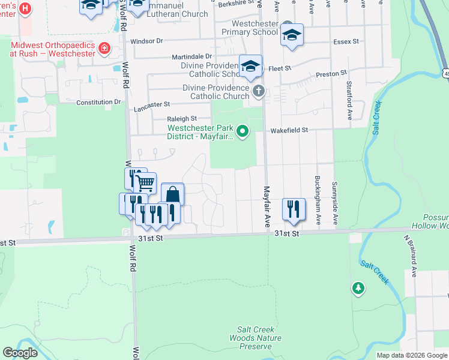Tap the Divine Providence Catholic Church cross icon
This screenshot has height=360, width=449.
[259, 92]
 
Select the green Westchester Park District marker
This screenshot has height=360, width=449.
[243, 130]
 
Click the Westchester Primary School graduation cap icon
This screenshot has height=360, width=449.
[292, 35]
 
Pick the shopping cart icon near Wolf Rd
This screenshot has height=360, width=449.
[144, 183]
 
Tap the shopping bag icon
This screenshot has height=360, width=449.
[173, 195]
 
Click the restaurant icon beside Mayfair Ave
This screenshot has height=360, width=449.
[294, 209]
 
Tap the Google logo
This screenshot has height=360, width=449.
[20, 353]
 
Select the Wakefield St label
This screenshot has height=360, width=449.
[289, 130]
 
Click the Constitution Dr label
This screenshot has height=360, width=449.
[98, 103]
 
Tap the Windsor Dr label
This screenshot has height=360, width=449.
[146, 41]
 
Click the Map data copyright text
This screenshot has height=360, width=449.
[411, 355]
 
